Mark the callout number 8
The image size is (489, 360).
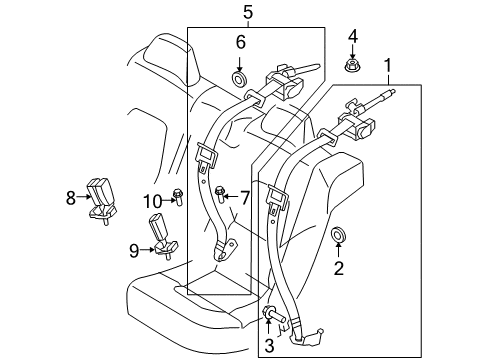[x=70, y=198]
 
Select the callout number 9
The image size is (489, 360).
[x=132, y=250]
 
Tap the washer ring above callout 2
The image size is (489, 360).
[x=338, y=236]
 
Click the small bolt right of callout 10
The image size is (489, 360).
[x=178, y=195]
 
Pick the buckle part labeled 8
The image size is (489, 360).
[x=101, y=195]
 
